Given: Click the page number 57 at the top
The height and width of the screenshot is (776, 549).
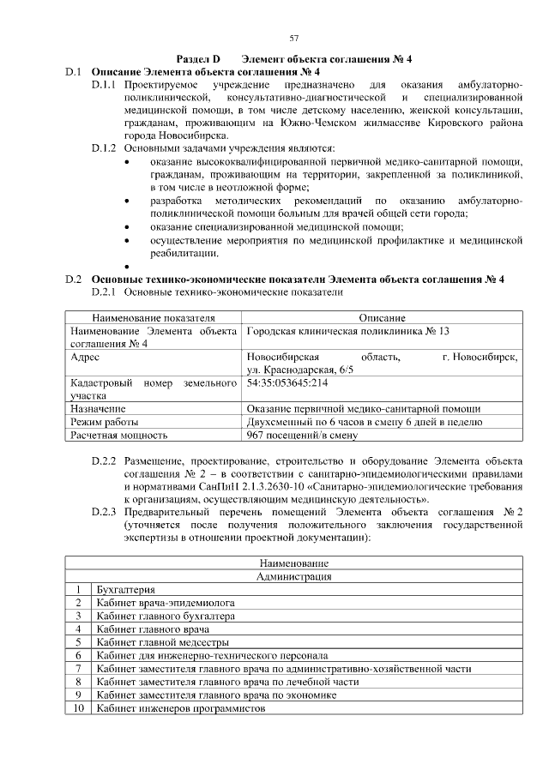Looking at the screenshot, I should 294,39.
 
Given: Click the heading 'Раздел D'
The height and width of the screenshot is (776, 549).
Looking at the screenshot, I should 198,59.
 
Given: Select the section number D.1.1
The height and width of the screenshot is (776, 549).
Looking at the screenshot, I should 104,86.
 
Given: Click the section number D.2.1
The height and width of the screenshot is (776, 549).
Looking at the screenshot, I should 104,292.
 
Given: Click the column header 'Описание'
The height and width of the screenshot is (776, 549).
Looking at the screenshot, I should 382,318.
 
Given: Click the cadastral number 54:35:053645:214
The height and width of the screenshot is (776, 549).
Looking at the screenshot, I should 287,383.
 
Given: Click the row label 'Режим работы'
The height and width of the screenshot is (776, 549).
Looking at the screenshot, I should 103,422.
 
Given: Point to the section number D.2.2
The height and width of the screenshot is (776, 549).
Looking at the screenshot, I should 104,462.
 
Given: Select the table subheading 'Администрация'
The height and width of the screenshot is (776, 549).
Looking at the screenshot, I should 294,577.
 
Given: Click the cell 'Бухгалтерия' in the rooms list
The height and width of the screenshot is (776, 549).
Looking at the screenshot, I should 126,590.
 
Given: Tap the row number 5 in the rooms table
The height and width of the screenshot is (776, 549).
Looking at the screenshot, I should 78,641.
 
